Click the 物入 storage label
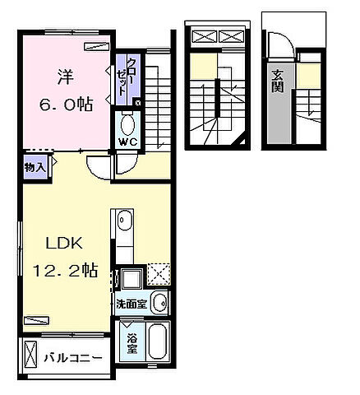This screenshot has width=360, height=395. click(x=34, y=167)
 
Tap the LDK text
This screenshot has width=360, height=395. click(x=58, y=245)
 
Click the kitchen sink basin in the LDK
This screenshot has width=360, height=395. click(x=122, y=222)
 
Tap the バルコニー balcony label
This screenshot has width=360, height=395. click(x=73, y=358)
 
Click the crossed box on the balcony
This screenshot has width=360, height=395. click(x=31, y=358)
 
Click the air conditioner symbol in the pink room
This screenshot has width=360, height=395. click(x=96, y=47)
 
